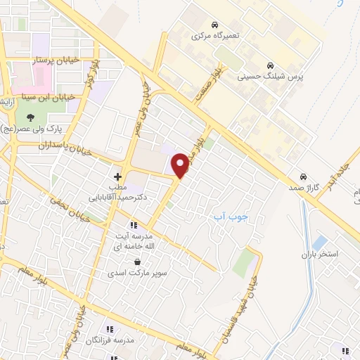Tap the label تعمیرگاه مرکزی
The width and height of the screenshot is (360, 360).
pyautogui.click(x=214, y=35)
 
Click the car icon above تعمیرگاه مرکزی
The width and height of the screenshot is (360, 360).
pyautogui.click(x=214, y=24)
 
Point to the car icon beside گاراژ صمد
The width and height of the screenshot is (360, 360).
pyautogui.click(x=303, y=176)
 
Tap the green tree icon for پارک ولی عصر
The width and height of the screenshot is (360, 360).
pyautogui.click(x=30, y=117)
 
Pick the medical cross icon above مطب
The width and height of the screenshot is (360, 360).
pyautogui.click(x=117, y=176)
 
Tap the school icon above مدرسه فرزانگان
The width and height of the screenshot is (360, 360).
pyautogui.click(x=110, y=328)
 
